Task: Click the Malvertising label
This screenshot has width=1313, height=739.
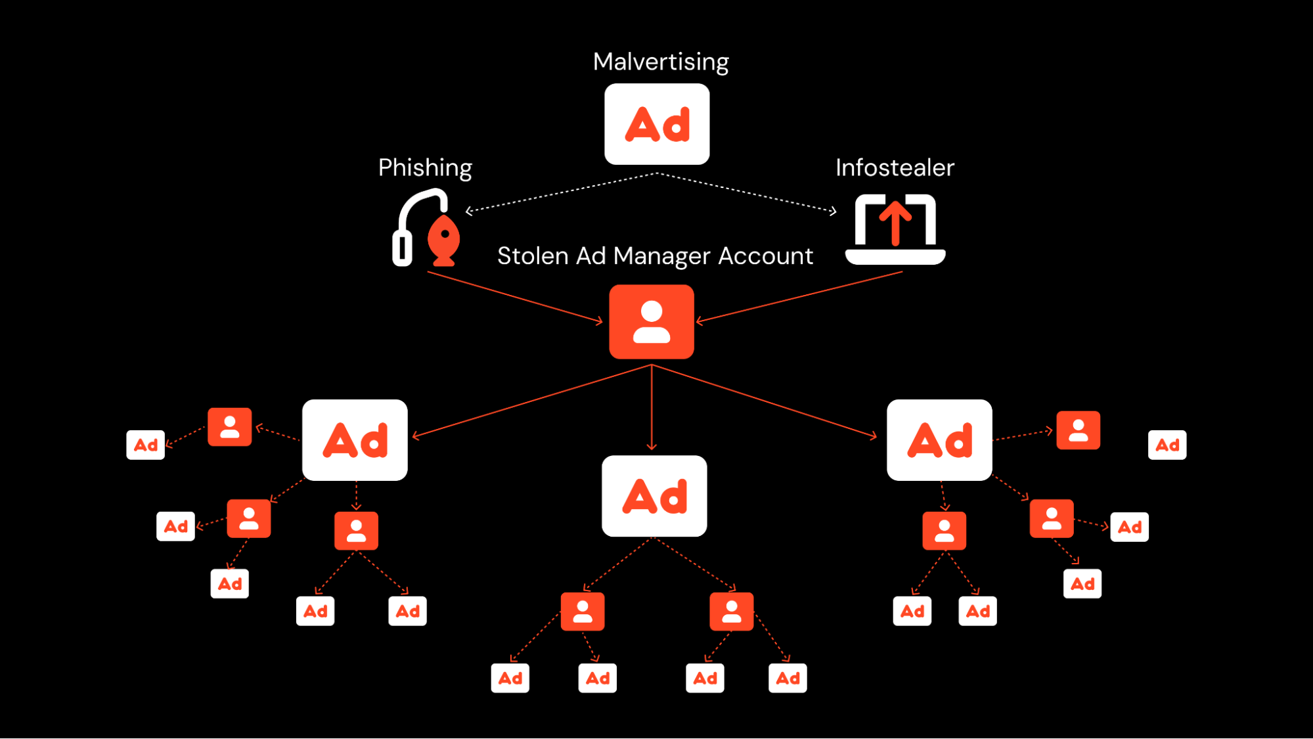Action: coord(660,62)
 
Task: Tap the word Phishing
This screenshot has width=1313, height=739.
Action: coord(425,168)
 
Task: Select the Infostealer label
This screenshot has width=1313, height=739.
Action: coord(895,168)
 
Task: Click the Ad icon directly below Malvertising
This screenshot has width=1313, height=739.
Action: coord(657,124)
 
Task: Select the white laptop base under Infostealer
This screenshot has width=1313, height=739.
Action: coord(895,257)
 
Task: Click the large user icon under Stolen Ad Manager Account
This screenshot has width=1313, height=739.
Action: coord(652,322)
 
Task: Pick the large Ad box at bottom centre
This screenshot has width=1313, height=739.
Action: coord(654,496)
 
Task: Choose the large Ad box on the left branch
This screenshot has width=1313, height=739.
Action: coord(355,440)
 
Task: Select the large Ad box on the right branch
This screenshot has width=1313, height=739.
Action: coord(939,440)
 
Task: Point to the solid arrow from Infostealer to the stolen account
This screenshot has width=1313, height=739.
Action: coord(799,297)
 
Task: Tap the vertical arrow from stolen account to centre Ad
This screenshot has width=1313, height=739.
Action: coord(652,407)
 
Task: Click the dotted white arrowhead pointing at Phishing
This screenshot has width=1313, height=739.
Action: coord(469,211)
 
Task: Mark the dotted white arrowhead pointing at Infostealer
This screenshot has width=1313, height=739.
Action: coord(833,211)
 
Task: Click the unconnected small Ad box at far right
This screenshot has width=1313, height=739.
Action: coord(1167,445)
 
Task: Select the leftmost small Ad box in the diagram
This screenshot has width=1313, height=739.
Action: coord(145,445)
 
